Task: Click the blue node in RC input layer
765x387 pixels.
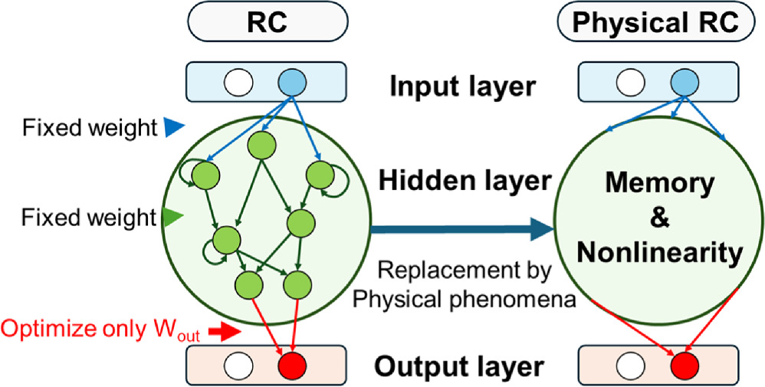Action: tap(292, 82)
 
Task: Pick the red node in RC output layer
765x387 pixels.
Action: tap(292, 363)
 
